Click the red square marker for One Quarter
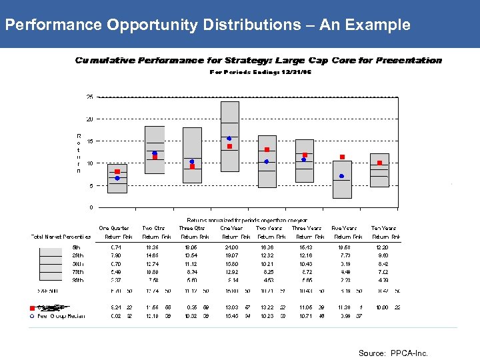click(x=117, y=171)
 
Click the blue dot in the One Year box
click(x=229, y=139)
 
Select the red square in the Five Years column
click(x=342, y=157)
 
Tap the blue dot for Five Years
click(x=342, y=176)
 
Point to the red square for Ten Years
click(x=379, y=163)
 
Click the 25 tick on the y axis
click(x=90, y=97)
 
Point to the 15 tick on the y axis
click(x=90, y=141)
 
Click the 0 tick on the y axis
click(x=91, y=207)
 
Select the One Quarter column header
click(x=114, y=227)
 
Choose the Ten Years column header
click(x=384, y=227)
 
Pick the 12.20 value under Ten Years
click(x=383, y=247)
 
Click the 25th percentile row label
click(x=77, y=255)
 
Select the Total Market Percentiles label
click(x=61, y=237)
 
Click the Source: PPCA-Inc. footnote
click(x=393, y=353)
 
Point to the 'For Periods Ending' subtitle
click(x=261, y=72)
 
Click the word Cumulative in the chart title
click(x=105, y=60)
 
